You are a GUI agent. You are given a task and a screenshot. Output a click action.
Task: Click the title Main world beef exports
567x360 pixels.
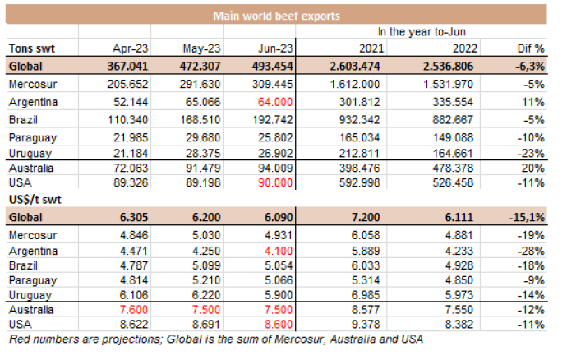[278, 15]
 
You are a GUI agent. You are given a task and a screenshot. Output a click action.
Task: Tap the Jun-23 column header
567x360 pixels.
[283, 48]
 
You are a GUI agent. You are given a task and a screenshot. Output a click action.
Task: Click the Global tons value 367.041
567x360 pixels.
[133, 67]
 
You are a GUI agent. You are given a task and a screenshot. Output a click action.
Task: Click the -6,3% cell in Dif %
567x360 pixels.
[531, 67]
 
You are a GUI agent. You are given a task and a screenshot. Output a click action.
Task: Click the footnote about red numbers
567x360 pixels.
[215, 341]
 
